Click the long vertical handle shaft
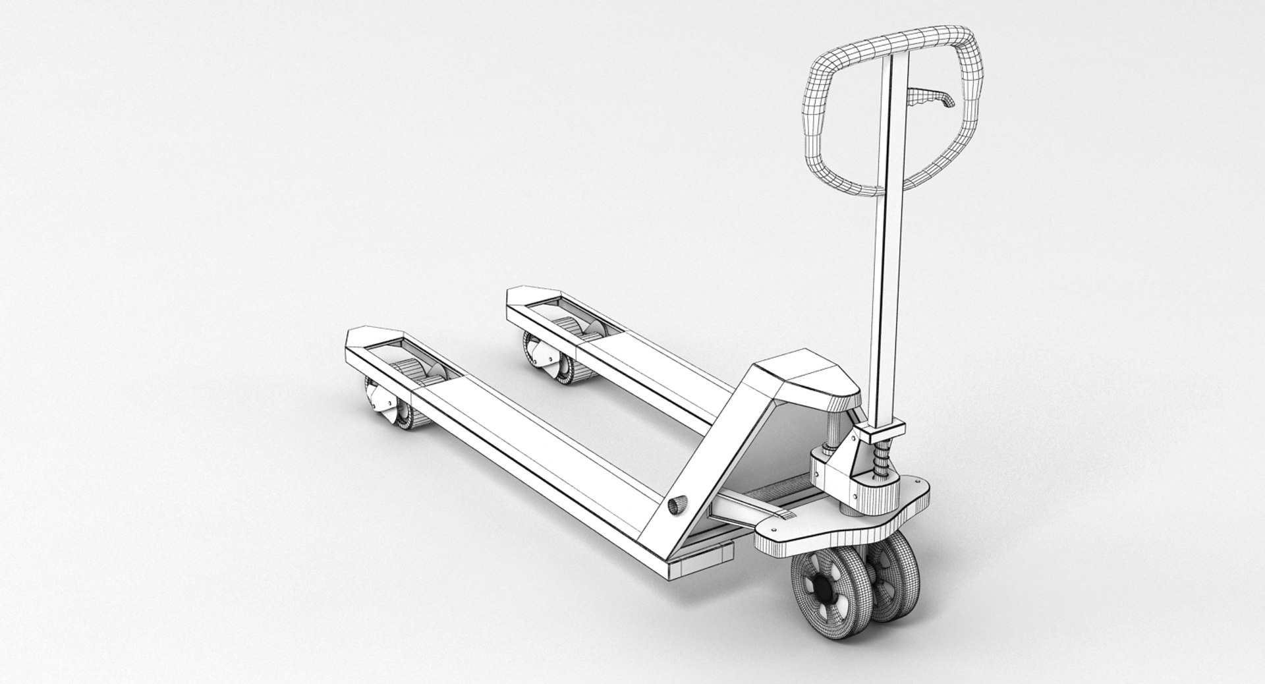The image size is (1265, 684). (887, 264)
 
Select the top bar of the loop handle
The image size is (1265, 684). (909, 38)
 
